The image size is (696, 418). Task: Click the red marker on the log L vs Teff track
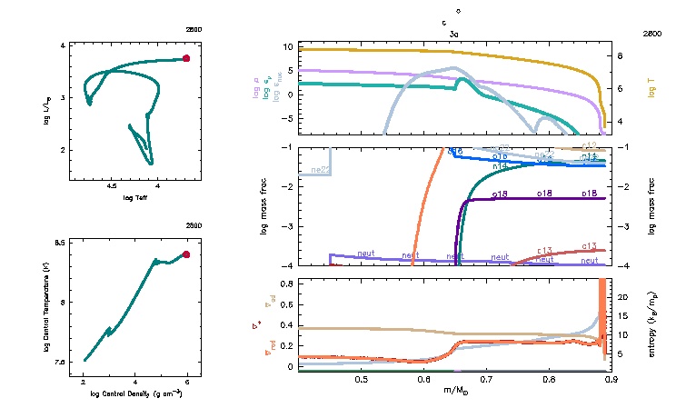[x=186, y=58]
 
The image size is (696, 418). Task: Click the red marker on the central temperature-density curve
[x=186, y=254]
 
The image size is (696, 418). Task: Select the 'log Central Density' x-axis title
[x=136, y=393]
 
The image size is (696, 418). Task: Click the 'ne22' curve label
[x=320, y=170]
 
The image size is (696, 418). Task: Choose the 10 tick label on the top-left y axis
[x=286, y=46]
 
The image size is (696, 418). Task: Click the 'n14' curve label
[x=500, y=167]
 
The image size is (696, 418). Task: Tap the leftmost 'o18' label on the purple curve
[x=500, y=194]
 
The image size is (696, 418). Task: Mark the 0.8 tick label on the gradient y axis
[x=286, y=284]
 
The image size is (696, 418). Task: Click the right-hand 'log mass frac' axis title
[x=651, y=205]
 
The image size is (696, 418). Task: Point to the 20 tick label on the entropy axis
[x=622, y=297]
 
